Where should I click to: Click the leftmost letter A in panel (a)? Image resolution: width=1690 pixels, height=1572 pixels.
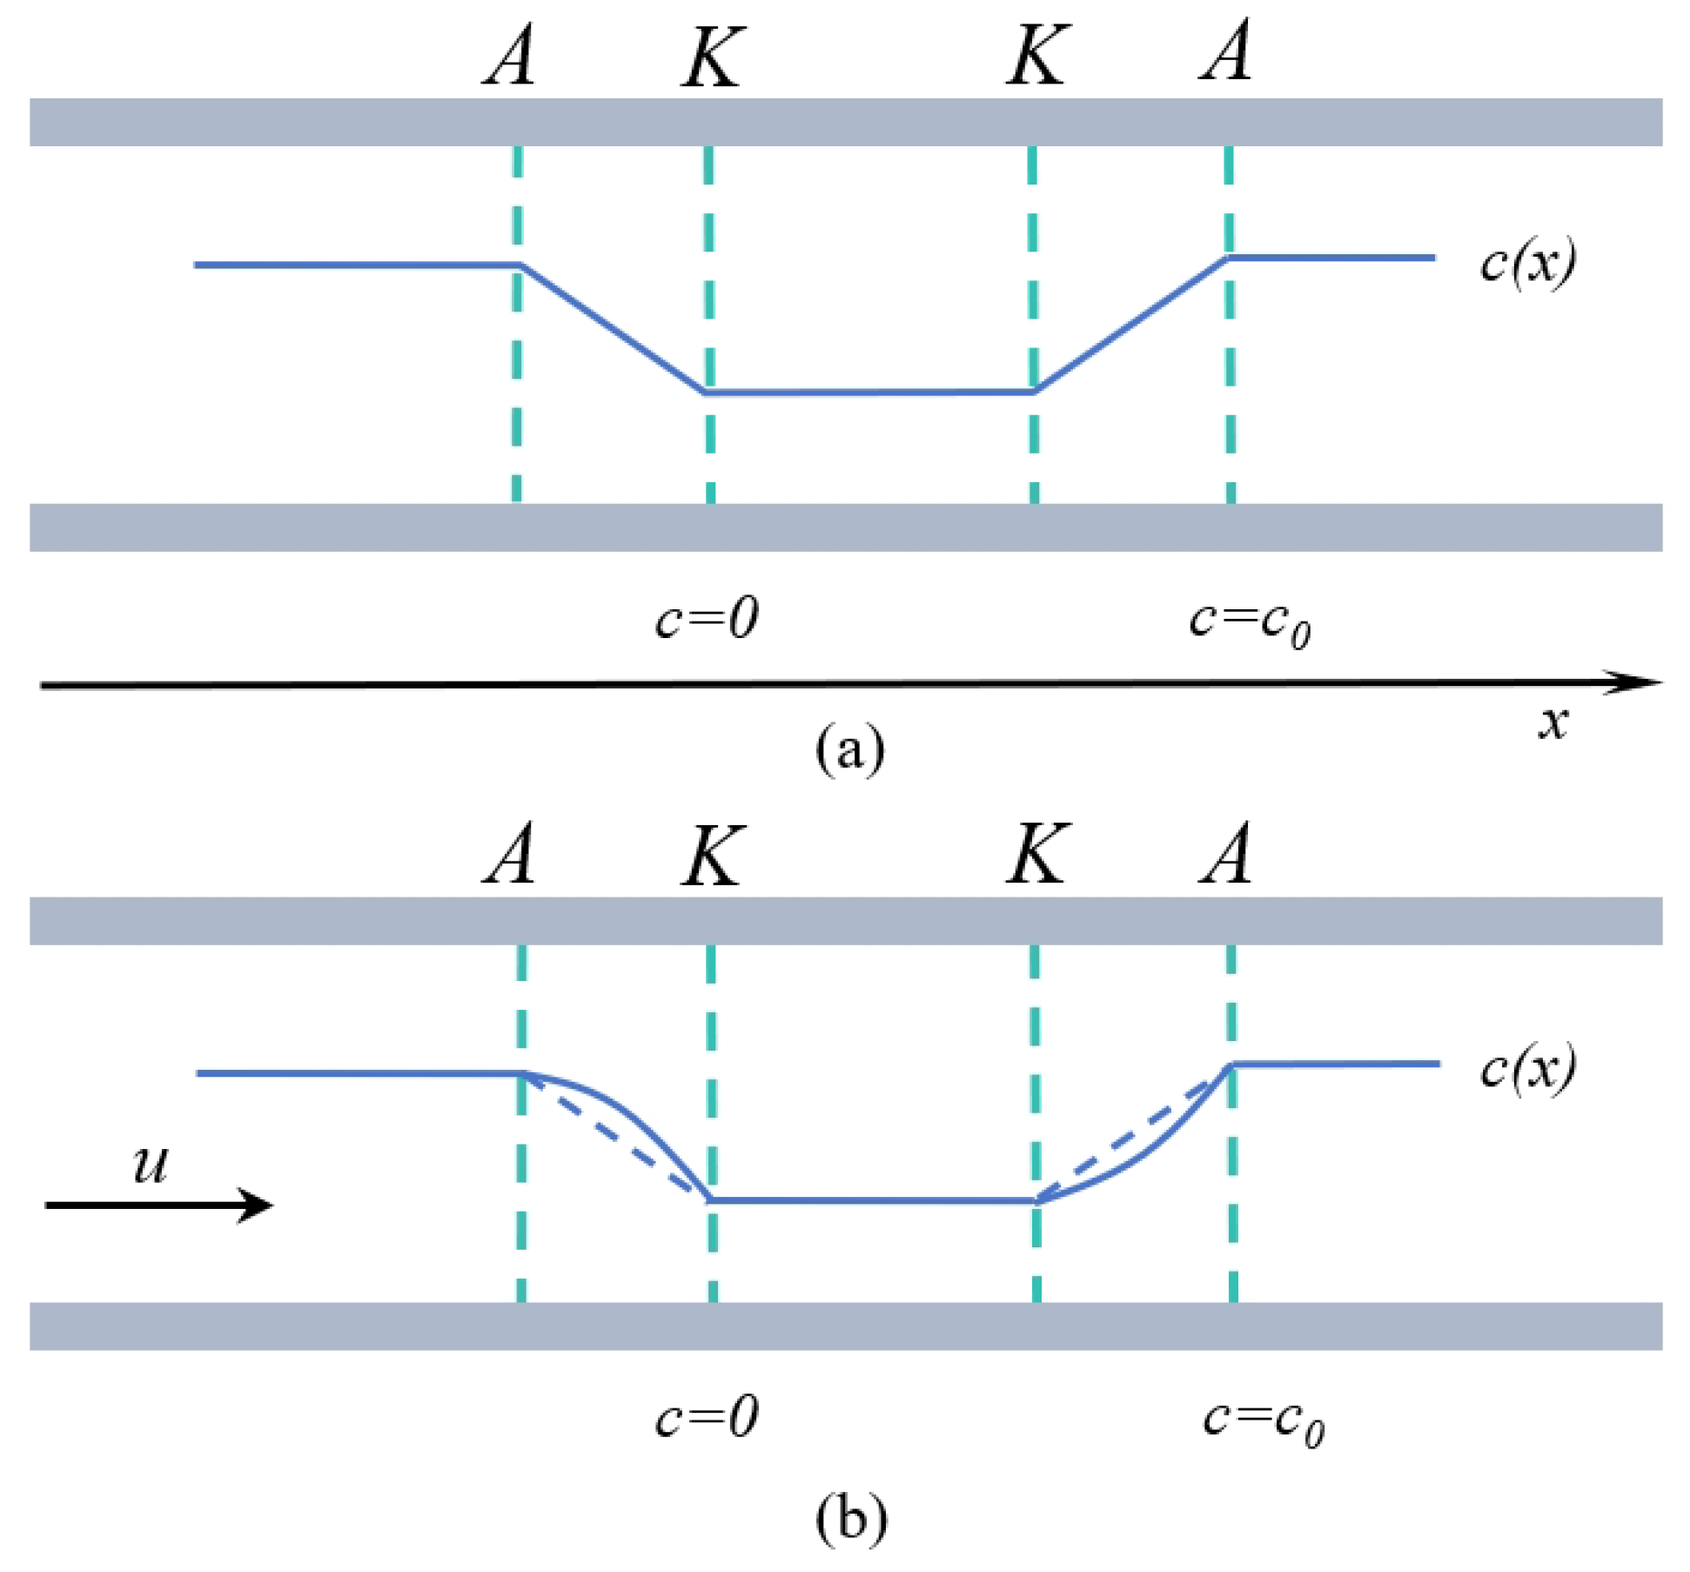[x=510, y=54]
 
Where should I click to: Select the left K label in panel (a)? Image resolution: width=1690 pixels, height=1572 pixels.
[x=712, y=57]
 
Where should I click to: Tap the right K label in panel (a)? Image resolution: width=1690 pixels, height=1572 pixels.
[x=1036, y=55]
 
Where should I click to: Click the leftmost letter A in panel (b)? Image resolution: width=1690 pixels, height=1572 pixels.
[x=510, y=855]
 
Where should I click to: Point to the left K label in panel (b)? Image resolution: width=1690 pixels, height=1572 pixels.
[x=712, y=857]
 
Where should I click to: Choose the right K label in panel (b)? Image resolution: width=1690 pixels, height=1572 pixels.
[x=1036, y=855]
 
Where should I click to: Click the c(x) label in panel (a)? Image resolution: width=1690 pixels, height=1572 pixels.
[x=1527, y=262]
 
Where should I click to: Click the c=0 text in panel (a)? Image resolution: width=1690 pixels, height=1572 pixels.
[x=707, y=619]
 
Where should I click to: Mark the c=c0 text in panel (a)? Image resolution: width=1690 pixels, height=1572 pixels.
[x=1250, y=623]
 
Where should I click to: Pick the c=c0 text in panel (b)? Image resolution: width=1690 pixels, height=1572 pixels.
[x=1263, y=1421]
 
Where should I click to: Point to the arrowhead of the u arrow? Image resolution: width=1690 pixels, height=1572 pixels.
[x=258, y=1206]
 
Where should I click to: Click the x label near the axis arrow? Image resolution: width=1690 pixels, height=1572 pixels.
[x=1553, y=722]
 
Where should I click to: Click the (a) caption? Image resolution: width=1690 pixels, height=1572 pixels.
[x=850, y=749]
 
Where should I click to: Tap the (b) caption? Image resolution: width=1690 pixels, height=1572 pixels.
[x=851, y=1519]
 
